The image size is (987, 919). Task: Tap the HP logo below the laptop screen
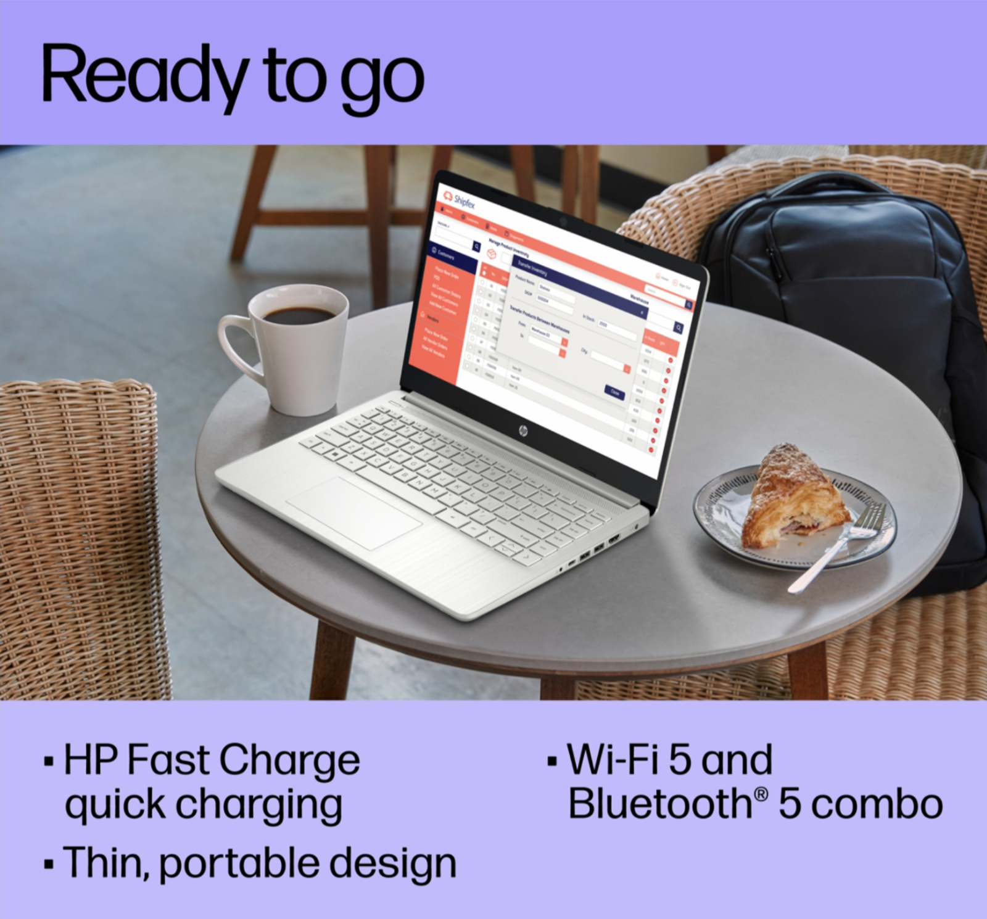(x=523, y=430)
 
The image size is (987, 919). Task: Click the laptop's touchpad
(x=354, y=512)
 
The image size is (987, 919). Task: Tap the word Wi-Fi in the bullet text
(x=613, y=760)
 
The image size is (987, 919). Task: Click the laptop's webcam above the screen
(x=563, y=220)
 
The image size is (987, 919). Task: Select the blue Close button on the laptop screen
(x=614, y=392)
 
